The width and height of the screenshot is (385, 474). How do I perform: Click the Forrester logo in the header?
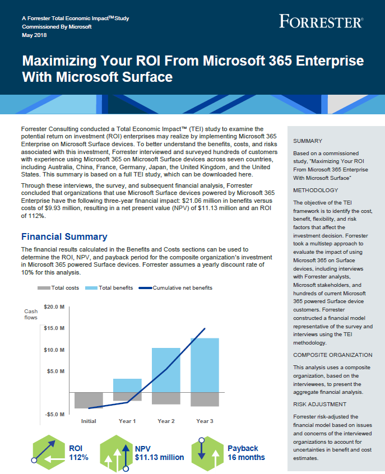pos(321,21)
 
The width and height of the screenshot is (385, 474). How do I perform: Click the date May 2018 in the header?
pos(34,35)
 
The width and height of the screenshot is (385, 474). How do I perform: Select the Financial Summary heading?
pos(64,236)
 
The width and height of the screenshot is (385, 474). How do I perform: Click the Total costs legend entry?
pos(58,288)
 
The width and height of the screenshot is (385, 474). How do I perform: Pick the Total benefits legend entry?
pos(109,288)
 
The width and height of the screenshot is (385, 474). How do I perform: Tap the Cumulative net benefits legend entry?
pos(175,288)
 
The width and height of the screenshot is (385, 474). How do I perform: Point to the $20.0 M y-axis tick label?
pos(54,307)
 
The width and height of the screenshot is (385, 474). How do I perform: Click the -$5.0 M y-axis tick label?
pos(55,414)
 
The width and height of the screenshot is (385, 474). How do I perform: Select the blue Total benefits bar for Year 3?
pos(205,365)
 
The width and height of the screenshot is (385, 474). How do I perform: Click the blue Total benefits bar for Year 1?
pos(127,385)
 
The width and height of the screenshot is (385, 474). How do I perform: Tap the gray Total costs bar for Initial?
pos(89,400)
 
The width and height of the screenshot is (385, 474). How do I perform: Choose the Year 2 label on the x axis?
pos(166,421)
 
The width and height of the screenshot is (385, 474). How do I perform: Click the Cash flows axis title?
pos(31,314)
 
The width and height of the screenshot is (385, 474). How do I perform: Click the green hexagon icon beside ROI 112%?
pos(49,453)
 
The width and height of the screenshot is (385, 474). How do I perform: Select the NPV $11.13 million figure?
pos(159,453)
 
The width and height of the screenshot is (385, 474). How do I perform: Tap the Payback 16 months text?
pos(246,453)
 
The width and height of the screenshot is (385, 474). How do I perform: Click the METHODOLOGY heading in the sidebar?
pos(316,190)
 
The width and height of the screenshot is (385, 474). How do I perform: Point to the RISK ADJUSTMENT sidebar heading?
pos(319,404)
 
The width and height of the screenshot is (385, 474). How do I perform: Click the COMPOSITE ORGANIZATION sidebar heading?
pos(333,355)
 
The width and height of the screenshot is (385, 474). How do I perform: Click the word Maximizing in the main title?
pos(59,61)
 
